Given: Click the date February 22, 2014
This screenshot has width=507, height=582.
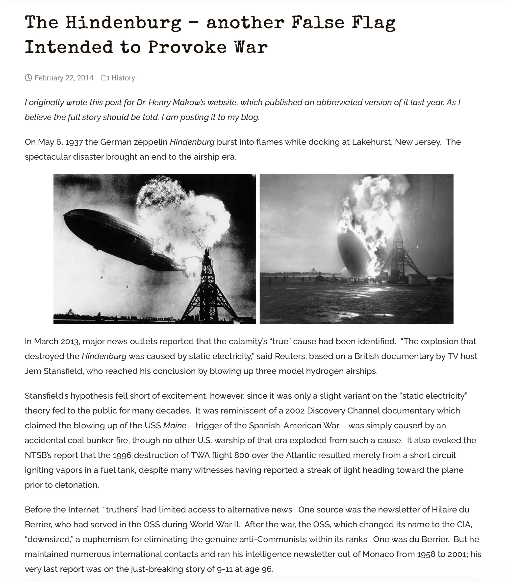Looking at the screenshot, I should click(x=64, y=78).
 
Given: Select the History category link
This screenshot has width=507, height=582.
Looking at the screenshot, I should click(x=123, y=78).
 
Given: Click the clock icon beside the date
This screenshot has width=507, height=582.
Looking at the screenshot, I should click(x=28, y=78).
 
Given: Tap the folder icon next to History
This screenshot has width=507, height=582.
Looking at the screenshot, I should click(x=105, y=78).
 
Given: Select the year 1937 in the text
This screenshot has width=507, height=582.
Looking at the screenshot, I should click(x=74, y=142).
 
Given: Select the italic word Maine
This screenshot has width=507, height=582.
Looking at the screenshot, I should click(x=175, y=426).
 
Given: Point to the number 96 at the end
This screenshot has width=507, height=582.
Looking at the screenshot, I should click(x=267, y=569).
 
